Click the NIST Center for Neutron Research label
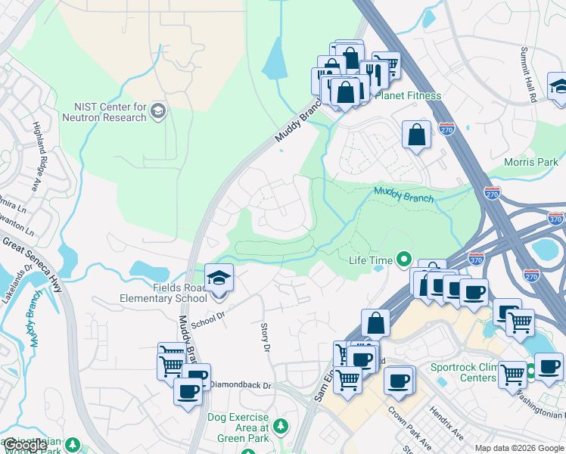pos(110,112)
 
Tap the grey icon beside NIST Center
pos(158,113)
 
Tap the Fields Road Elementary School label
pos(163,293)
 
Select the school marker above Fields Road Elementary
pos(219,278)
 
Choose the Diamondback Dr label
pos(240,385)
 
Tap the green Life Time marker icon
pos(405,260)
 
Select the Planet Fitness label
pos(413,96)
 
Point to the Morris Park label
pos(530,162)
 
